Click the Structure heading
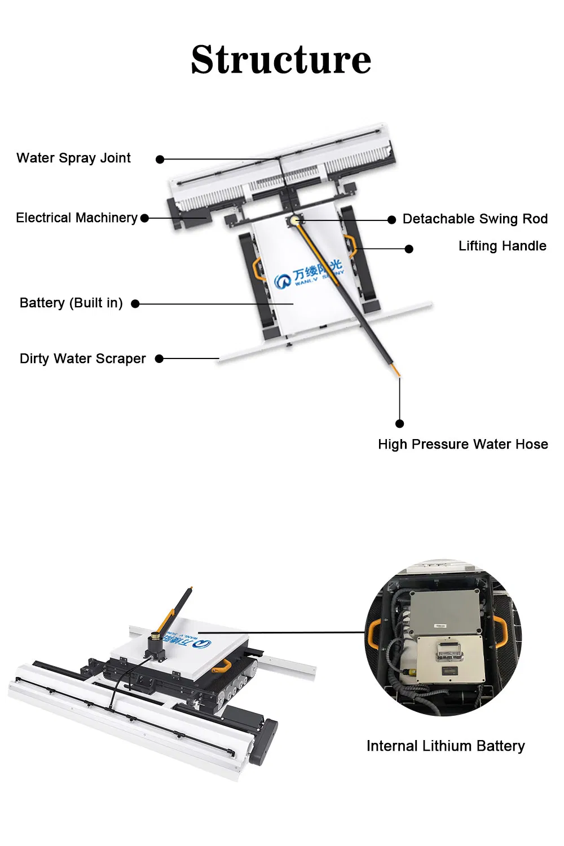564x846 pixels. coord(281,59)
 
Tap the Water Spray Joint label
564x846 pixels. coord(73,158)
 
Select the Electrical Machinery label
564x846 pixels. coord(77,218)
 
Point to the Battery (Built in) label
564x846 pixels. coord(71,303)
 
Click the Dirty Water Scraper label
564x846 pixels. coord(82,358)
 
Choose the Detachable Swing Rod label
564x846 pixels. coord(475,219)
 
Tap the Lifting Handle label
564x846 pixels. coord(502,246)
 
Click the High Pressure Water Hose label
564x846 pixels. coord(462,444)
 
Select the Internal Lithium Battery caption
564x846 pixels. coord(446,746)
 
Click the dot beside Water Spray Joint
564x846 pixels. coord(160,160)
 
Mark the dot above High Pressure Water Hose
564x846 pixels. coord(399,423)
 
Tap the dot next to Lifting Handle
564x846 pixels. coord(409,249)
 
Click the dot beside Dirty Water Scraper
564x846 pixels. coord(159,358)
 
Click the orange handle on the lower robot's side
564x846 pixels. coord(221,666)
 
